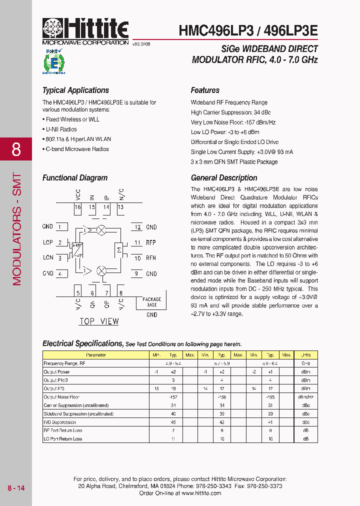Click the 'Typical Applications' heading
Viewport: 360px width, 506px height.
click(75, 90)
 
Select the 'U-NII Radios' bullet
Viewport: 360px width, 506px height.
click(61, 129)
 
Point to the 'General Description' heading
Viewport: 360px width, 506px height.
click(224, 178)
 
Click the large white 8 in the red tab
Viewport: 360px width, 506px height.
click(16, 149)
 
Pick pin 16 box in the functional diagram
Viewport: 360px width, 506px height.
click(77, 207)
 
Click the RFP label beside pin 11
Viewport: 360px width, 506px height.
click(151, 242)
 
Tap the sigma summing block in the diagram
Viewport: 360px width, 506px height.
click(119, 249)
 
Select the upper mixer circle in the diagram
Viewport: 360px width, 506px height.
click(101, 230)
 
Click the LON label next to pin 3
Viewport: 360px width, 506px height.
click(48, 258)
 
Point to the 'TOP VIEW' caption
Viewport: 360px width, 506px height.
click(99, 321)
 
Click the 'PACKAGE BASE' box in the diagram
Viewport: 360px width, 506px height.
click(152, 302)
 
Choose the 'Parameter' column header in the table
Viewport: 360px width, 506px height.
click(96, 355)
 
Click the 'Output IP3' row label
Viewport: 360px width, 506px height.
click(54, 388)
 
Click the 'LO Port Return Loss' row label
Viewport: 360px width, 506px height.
click(63, 438)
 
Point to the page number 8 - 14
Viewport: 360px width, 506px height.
click(15, 487)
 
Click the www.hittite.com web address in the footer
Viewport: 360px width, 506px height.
click(201, 493)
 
